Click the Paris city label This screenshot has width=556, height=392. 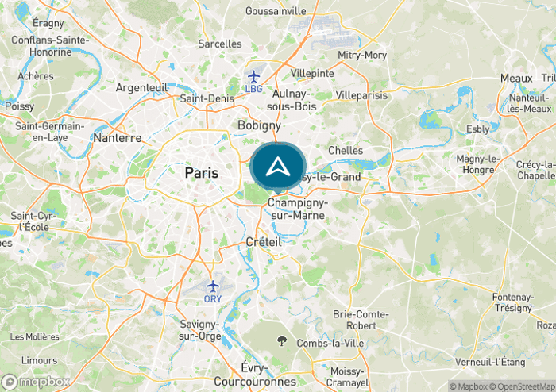pos(202,172)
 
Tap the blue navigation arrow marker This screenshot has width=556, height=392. pos(278,167)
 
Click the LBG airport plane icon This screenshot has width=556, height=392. pos(253,76)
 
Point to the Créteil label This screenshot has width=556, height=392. pos(264,240)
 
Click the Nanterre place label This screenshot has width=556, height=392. pos(118,137)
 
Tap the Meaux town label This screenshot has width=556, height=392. pos(516,78)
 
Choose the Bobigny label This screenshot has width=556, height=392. pos(259,125)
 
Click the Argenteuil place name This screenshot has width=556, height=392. pos(141,87)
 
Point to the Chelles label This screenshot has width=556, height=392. pos(346,150)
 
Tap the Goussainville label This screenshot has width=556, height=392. pos(276,11)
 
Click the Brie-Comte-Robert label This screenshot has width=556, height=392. pos(361,320)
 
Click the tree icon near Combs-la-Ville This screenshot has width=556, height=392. pos(282,341)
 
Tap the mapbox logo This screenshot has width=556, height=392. pos(37,381)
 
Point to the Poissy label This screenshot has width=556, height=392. pos(19,106)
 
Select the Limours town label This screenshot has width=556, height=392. pos(39,360)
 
